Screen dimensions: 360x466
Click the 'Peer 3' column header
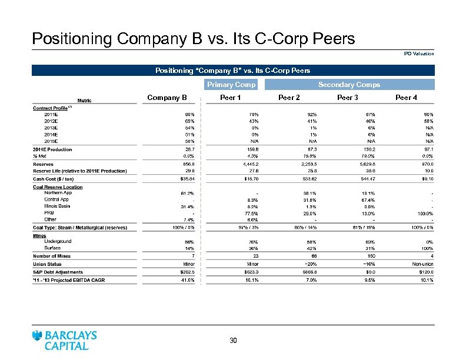[x=348, y=98]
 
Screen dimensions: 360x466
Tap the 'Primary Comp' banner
[x=231, y=85]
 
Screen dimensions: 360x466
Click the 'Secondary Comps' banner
[x=349, y=85]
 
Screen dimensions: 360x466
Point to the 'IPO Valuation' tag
[x=419, y=54]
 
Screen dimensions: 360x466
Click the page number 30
[x=233, y=341]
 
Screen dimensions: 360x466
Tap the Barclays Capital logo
[x=65, y=340]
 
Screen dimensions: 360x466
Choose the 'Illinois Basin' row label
[x=57, y=206]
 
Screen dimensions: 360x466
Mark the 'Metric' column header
[x=81, y=100]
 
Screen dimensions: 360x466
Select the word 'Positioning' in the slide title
[x=72, y=39]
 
